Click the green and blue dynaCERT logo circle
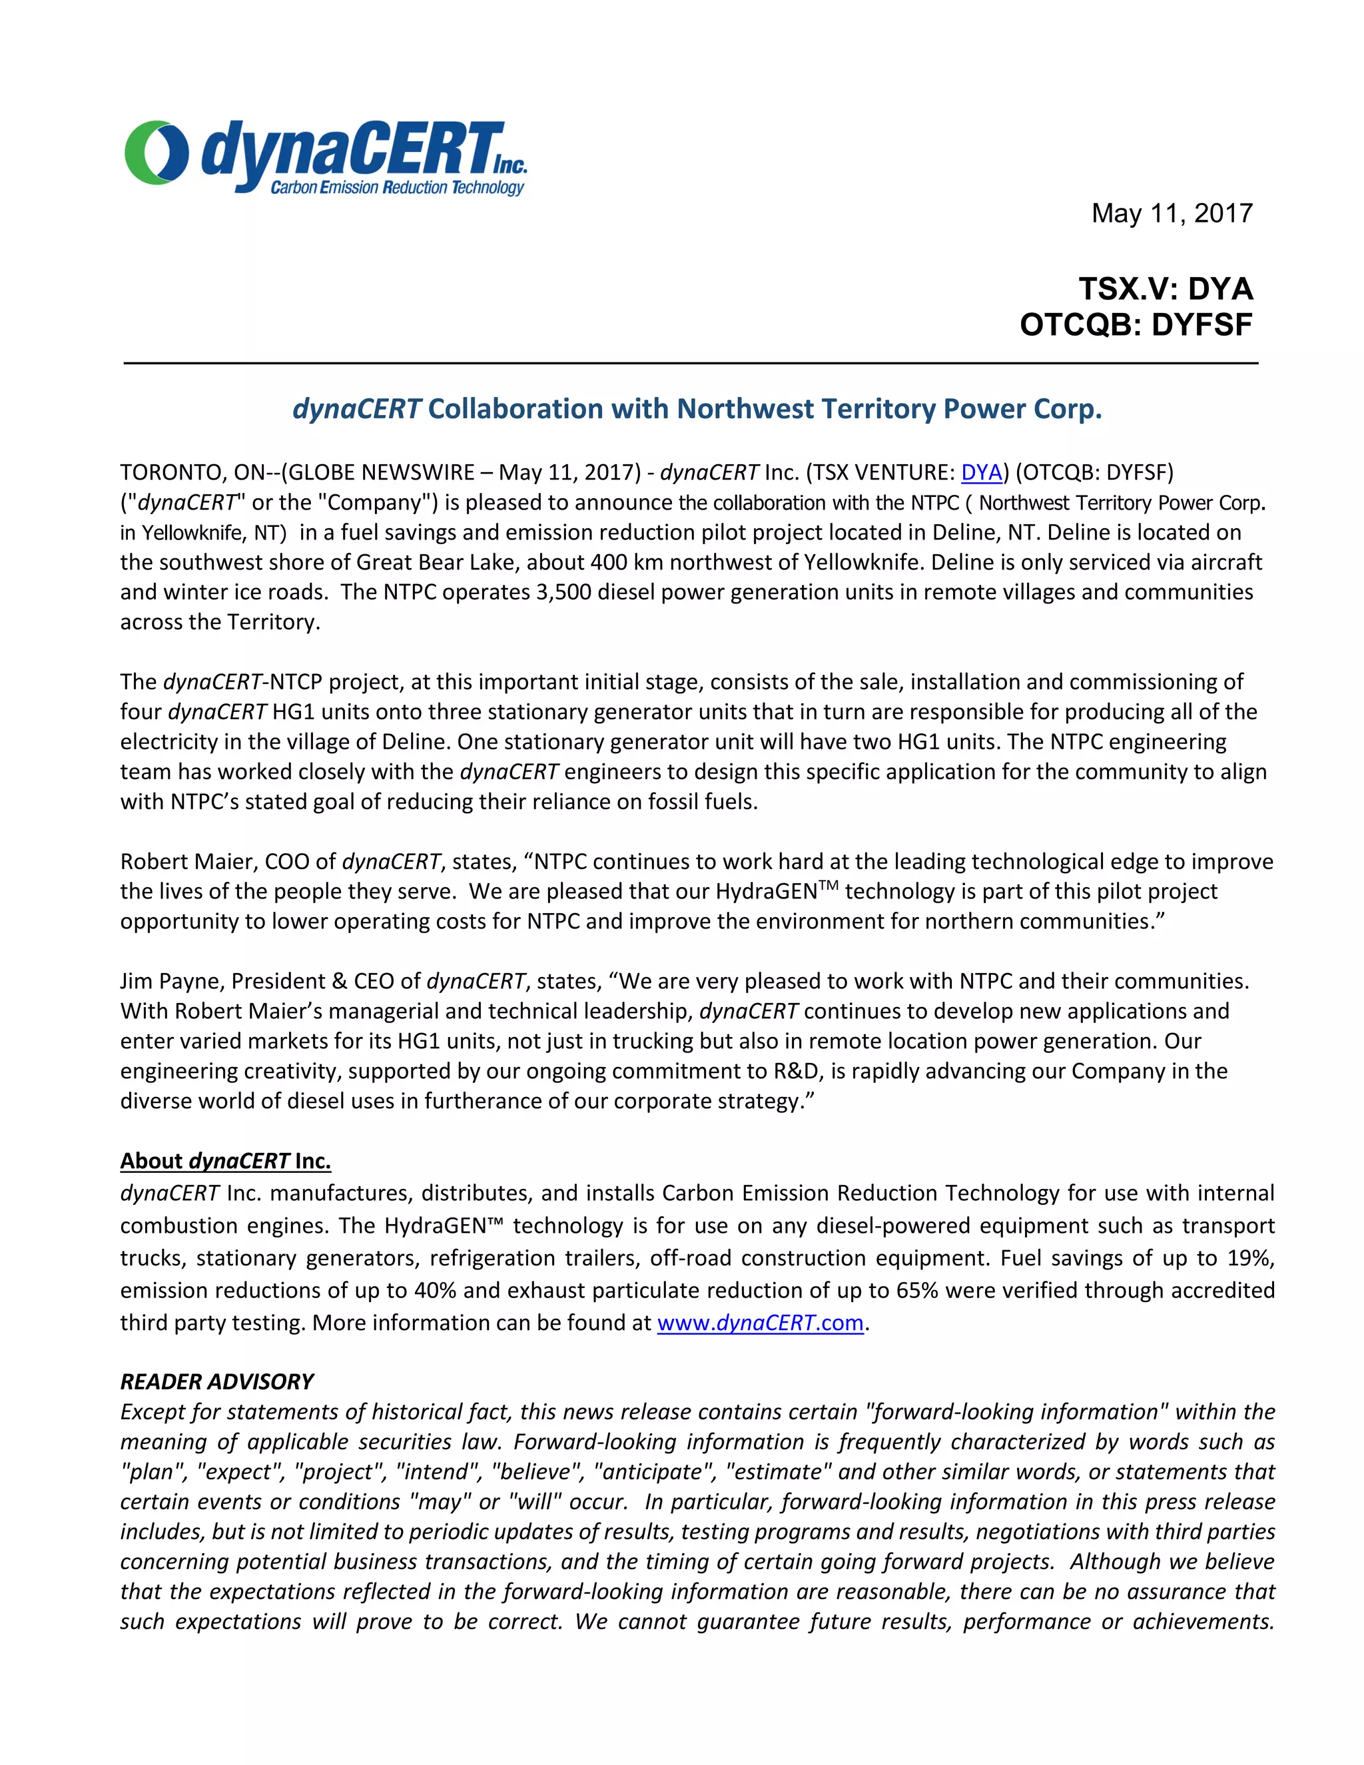(x=156, y=152)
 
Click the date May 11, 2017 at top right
(x=1171, y=213)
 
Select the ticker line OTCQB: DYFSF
(x=1136, y=325)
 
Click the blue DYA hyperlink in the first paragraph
(x=981, y=472)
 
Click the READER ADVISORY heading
(x=216, y=1382)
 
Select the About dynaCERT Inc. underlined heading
(x=226, y=1162)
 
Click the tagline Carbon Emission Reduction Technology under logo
(x=397, y=188)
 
